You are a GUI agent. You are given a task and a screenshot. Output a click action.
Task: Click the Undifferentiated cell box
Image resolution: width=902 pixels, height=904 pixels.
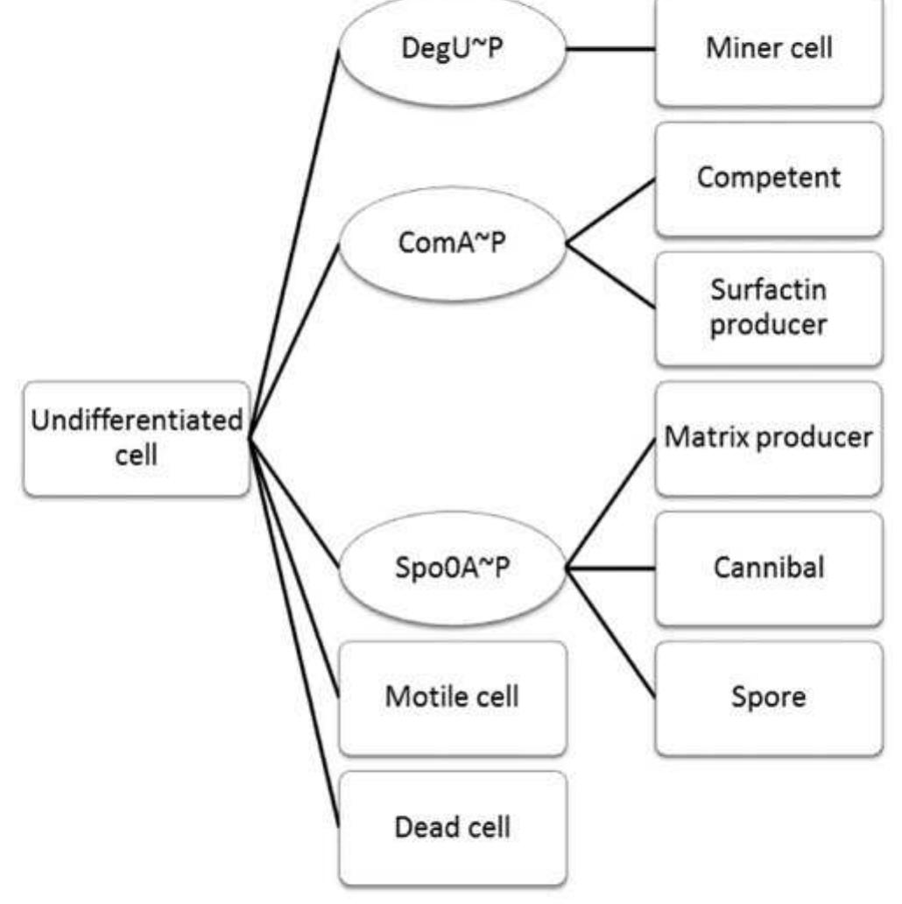click(137, 438)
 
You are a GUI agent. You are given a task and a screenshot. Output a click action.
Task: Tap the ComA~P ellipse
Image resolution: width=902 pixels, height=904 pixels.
click(452, 244)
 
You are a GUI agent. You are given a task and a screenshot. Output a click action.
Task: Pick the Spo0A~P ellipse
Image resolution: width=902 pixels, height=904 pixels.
click(452, 568)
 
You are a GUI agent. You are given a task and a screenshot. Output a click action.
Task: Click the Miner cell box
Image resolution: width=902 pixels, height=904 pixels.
click(769, 49)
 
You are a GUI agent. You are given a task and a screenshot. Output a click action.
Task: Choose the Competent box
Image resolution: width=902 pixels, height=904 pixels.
click(769, 178)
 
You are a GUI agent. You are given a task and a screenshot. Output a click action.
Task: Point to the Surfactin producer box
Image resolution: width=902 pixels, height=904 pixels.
click(769, 307)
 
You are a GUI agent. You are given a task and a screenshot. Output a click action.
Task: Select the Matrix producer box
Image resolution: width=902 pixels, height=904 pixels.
click(769, 437)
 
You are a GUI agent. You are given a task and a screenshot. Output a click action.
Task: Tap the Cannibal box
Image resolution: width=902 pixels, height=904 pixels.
click(769, 567)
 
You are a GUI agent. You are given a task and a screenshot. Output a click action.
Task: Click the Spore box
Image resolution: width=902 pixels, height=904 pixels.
click(769, 697)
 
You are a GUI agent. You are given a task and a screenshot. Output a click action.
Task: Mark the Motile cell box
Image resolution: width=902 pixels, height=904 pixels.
click(452, 697)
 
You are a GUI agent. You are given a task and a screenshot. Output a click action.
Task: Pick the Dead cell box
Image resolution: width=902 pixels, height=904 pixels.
click(452, 826)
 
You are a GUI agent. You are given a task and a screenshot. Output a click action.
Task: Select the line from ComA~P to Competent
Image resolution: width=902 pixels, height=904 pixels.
click(610, 212)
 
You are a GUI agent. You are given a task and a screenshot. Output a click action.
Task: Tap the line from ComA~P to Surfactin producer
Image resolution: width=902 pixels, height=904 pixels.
click(610, 276)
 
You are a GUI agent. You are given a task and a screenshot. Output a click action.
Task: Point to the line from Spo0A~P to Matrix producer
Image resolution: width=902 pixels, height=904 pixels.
click(610, 504)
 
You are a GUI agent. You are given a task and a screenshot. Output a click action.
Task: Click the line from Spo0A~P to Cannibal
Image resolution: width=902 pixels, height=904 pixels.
click(610, 568)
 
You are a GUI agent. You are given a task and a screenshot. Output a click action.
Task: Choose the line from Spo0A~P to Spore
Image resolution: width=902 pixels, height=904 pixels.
click(610, 632)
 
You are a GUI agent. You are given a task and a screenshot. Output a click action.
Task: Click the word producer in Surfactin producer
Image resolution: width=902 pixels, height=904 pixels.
click(769, 325)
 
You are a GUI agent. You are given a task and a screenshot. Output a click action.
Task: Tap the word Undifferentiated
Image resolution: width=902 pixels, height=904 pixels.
click(137, 420)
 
